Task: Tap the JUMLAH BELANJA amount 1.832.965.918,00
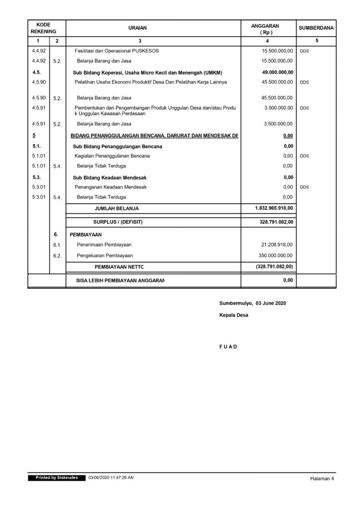274,208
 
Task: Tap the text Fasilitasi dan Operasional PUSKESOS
116,51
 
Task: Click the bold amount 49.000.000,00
277,72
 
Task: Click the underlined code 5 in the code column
33,135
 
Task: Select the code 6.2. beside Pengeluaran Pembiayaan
57,255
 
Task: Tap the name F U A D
228,346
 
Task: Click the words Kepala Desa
233,316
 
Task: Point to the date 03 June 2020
270,303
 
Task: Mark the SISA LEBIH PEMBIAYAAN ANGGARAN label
120,280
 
